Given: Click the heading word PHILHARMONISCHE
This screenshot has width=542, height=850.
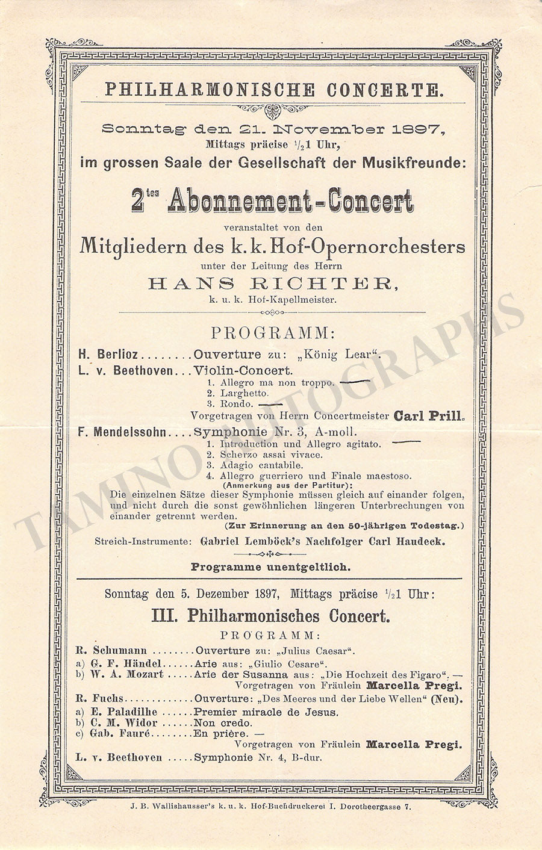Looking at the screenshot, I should click(x=210, y=91).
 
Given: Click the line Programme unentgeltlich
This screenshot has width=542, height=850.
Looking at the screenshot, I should click(x=271, y=567).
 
